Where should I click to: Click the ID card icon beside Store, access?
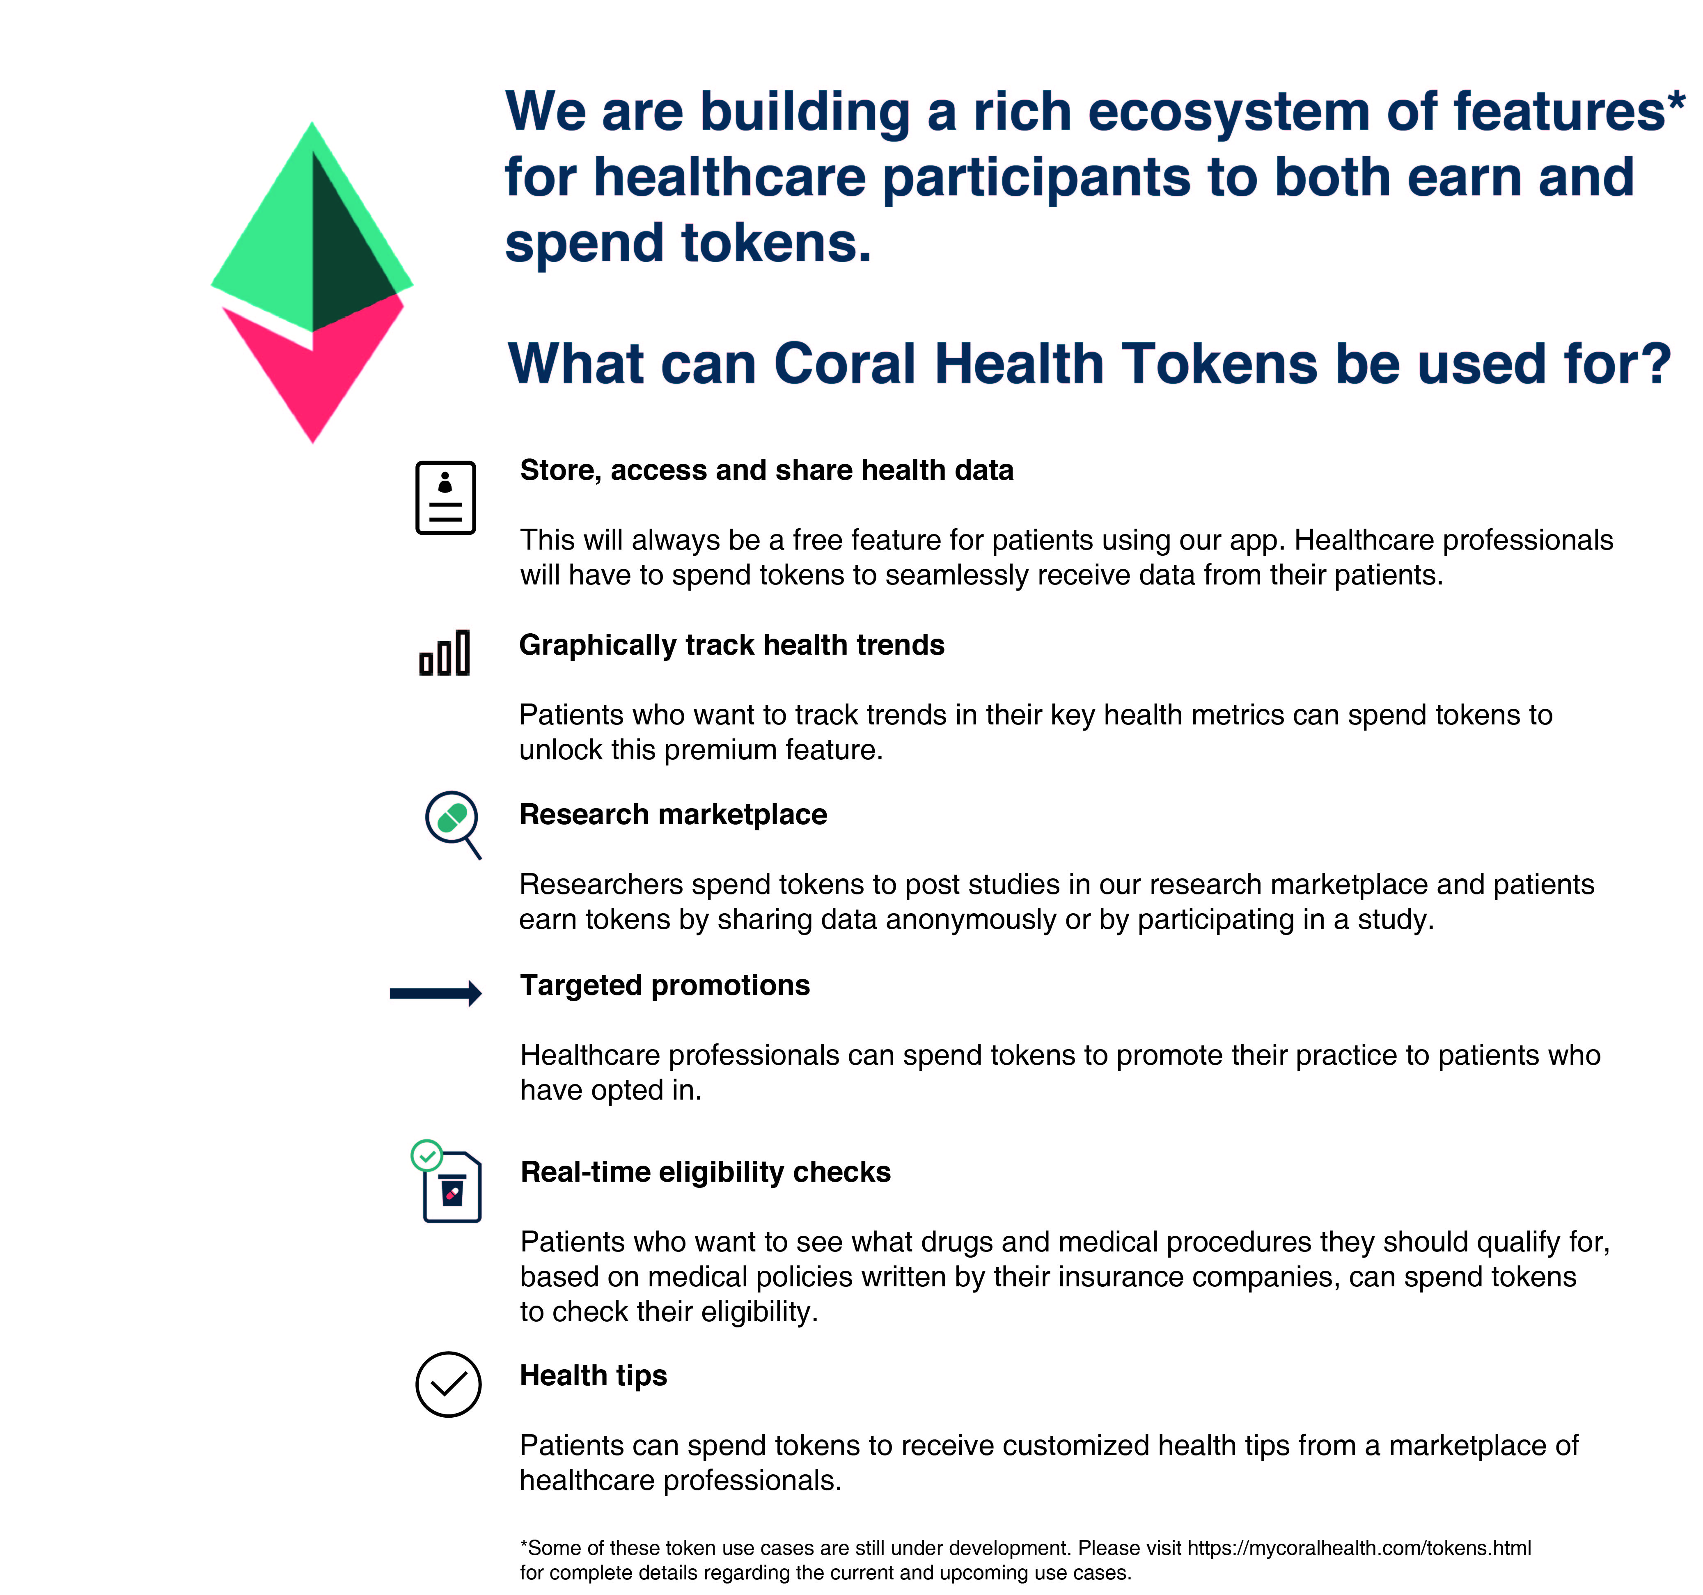(x=445, y=498)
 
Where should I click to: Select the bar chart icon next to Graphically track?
(x=445, y=653)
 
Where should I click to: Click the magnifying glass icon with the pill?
(x=453, y=824)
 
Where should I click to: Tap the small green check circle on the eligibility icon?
(x=426, y=1155)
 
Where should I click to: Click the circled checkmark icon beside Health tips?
(x=448, y=1384)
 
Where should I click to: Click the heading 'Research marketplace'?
(x=673, y=815)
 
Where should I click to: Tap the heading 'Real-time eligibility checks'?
(x=706, y=1172)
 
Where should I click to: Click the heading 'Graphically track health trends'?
(x=731, y=645)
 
